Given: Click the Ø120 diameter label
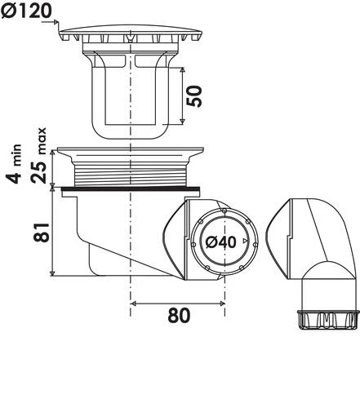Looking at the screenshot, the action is coord(26,11).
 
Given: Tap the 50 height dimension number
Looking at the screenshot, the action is coord(194,96).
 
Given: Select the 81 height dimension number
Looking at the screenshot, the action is coord(42,232).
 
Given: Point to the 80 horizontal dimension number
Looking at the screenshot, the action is coord(179,315).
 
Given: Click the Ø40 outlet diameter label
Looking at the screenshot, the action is coord(220,242).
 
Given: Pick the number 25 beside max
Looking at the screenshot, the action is coord(38,172).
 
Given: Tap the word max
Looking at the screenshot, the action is coord(42,141).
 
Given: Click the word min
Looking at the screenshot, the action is coord(16,155).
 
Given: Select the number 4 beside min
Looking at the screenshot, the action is coord(14,175).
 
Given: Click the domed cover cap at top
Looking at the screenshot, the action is coord(131,33).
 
